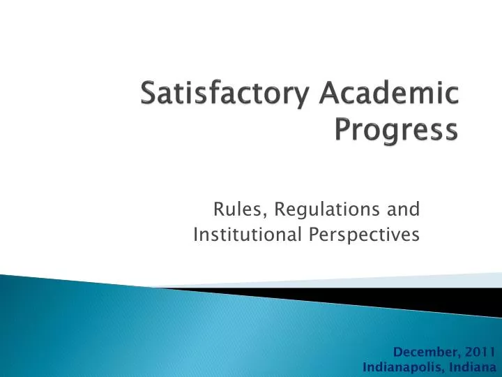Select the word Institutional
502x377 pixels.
coord(248,235)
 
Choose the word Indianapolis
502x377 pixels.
coord(401,367)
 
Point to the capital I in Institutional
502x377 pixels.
coord(196,235)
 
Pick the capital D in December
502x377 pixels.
coord(397,352)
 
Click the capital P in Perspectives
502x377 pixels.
coord(312,235)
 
